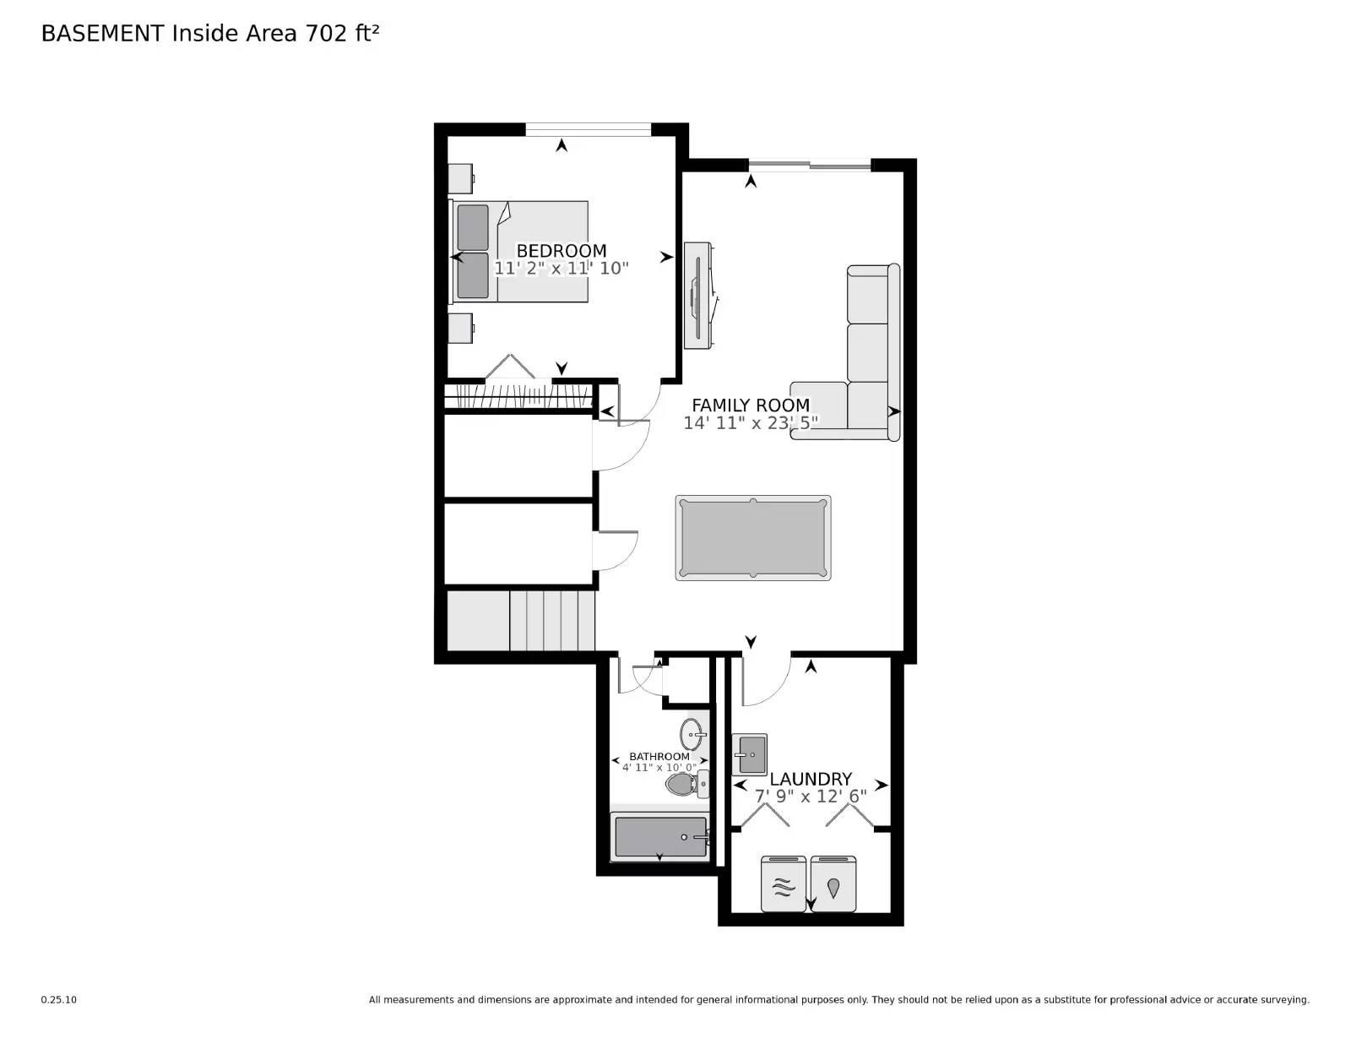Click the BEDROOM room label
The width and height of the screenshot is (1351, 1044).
[561, 251]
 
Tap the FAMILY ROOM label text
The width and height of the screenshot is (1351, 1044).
[751, 405]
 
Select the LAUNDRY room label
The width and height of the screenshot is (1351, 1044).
[811, 779]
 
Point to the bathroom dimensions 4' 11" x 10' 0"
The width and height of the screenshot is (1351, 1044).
[659, 768]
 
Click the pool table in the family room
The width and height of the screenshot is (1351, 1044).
[752, 538]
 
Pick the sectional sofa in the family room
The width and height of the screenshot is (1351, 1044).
[870, 355]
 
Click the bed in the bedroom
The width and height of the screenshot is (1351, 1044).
[519, 252]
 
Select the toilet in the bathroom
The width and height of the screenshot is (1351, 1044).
[686, 786]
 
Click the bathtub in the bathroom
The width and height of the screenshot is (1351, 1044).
[660, 837]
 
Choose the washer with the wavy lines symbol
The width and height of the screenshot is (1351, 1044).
[784, 885]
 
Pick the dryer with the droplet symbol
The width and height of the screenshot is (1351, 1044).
[833, 885]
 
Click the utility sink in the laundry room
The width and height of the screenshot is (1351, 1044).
[749, 753]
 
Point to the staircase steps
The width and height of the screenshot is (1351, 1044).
[551, 621]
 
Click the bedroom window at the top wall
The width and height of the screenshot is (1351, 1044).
[588, 129]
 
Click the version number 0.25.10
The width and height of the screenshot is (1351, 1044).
[58, 999]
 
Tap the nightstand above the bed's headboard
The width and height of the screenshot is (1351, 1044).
[460, 178]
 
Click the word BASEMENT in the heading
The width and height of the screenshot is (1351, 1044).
[102, 33]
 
